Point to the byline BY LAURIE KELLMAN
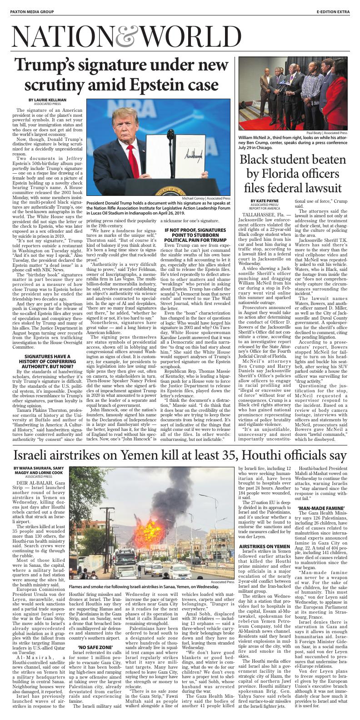click(47, 100)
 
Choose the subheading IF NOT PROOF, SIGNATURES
click(195, 231)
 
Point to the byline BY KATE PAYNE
click(263, 200)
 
